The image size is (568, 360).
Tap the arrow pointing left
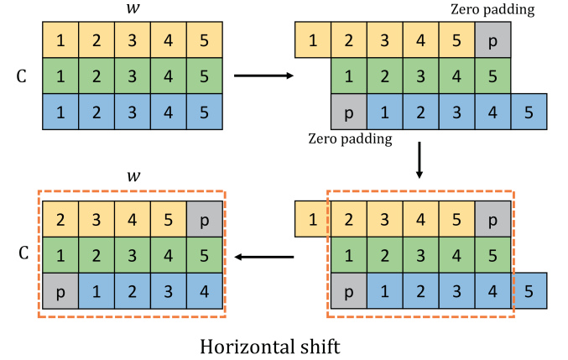[x=264, y=257]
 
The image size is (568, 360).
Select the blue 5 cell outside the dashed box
[x=529, y=291]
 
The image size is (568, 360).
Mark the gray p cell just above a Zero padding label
[x=349, y=111]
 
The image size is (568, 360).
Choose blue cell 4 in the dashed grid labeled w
[x=204, y=291]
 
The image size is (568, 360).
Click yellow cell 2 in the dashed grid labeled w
[x=60, y=220]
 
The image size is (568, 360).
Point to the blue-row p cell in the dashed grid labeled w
[x=60, y=291]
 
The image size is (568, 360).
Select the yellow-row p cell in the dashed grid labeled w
[x=204, y=220]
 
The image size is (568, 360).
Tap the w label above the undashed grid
[x=132, y=9]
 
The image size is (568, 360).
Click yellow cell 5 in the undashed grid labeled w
[x=204, y=39]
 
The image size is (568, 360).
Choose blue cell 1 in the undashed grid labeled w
[x=60, y=111]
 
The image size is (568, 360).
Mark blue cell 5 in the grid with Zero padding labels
[x=529, y=111]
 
